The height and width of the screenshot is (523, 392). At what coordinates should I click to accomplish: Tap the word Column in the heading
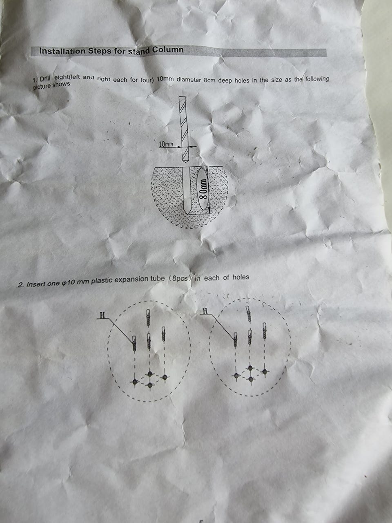pyautogui.click(x=168, y=50)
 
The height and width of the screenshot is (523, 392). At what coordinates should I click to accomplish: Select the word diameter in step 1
pyautogui.click(x=189, y=80)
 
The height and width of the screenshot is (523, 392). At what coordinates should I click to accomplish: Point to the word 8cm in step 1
pyautogui.click(x=210, y=80)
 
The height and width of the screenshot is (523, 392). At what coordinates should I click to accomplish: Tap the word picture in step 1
pyautogui.click(x=42, y=87)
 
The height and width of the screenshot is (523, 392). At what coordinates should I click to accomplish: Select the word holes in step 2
pyautogui.click(x=241, y=277)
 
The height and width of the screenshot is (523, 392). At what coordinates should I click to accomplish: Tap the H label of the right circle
pyautogui.click(x=206, y=311)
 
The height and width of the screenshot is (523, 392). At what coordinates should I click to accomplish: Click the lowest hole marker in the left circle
pyautogui.click(x=150, y=385)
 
